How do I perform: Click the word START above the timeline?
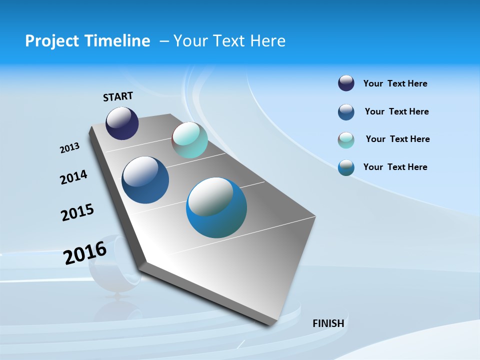tap(118, 96)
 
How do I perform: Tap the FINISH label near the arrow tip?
tap(328, 323)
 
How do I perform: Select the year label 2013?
tap(69, 148)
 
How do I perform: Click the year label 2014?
tap(73, 177)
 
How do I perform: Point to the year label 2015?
tap(77, 212)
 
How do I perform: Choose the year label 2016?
tap(85, 252)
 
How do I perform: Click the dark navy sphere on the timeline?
tap(122, 123)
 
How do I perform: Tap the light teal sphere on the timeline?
tap(189, 140)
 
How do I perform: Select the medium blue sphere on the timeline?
tap(145, 180)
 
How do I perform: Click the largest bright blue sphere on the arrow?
tap(216, 207)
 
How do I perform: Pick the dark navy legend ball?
tap(346, 83)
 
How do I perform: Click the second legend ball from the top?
tap(346, 112)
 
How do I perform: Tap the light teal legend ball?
tap(346, 140)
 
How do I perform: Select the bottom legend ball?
tap(346, 167)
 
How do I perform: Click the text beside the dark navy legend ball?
tap(395, 83)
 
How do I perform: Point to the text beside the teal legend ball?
tap(397, 139)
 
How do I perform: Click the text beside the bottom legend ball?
tap(395, 167)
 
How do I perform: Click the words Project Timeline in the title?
tap(87, 41)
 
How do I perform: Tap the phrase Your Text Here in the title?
tap(229, 41)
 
